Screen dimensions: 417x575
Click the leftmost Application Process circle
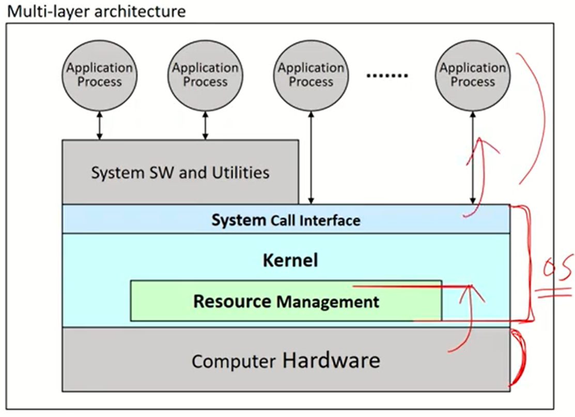click(100, 75)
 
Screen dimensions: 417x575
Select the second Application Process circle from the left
click(205, 75)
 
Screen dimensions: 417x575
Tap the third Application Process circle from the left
click(311, 75)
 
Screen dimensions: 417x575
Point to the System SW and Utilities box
click(180, 172)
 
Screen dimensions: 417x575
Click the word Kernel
click(290, 260)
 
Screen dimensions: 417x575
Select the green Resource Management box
click(286, 301)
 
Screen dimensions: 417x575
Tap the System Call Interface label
click(286, 220)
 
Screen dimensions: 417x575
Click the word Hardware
click(331, 360)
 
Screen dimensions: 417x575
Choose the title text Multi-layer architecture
click(96, 11)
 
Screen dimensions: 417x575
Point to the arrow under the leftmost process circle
click(100, 126)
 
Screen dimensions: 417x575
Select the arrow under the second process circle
click(205, 126)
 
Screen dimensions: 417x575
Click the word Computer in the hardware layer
click(233, 361)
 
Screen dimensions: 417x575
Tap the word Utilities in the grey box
click(242, 172)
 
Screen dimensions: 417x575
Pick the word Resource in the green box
click(232, 301)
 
